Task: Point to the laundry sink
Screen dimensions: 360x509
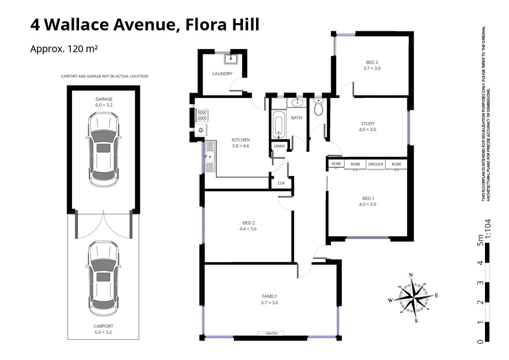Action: click(231, 59)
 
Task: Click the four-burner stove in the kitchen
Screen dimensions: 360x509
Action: click(202, 115)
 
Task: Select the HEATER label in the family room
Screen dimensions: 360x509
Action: click(271, 334)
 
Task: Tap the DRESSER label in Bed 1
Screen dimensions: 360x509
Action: click(375, 164)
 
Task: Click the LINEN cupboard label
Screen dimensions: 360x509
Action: click(279, 146)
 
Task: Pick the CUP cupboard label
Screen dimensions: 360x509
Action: click(281, 184)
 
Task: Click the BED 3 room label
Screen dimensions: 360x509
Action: click(372, 63)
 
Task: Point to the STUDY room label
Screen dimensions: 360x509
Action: click(368, 124)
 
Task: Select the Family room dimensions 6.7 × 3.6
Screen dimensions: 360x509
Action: click(269, 303)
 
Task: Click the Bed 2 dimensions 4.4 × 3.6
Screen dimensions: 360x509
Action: click(248, 229)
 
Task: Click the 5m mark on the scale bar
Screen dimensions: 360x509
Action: click(480, 241)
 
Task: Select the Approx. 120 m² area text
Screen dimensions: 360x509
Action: click(64, 49)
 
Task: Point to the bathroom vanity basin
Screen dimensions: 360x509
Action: click(297, 103)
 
